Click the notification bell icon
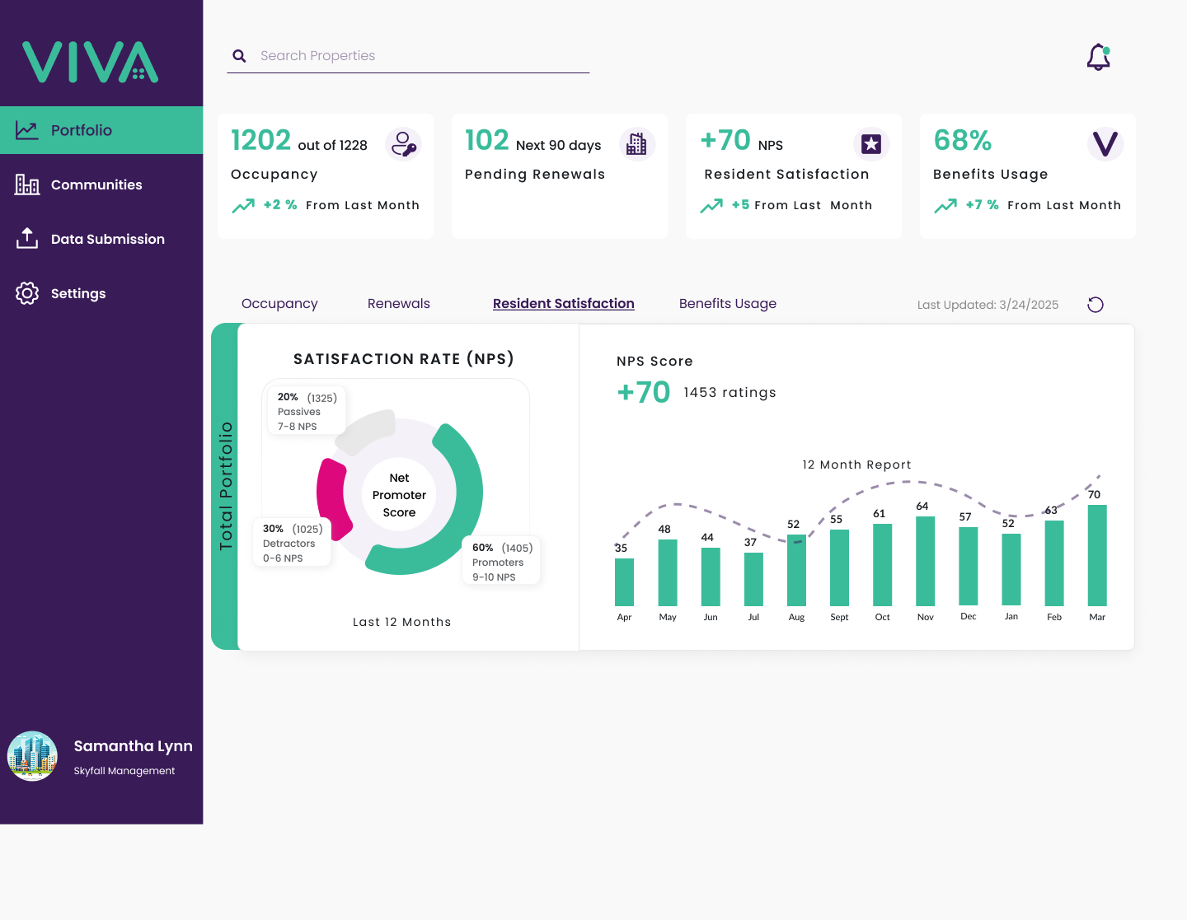pyautogui.click(x=1098, y=58)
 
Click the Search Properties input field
pyautogui.click(x=407, y=56)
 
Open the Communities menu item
pyautogui.click(x=96, y=184)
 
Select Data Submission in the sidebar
pyautogui.click(x=108, y=239)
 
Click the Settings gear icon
pyautogui.click(x=26, y=293)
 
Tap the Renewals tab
pyautogui.click(x=399, y=303)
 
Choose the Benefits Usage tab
pyautogui.click(x=728, y=303)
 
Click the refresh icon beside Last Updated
pyautogui.click(x=1096, y=305)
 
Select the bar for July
pyautogui.click(x=753, y=579)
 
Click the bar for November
pyautogui.click(x=926, y=561)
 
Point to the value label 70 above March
pyautogui.click(x=1094, y=495)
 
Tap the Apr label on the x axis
pyautogui.click(x=624, y=617)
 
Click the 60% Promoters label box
pyautogui.click(x=501, y=561)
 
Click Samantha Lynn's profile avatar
pyautogui.click(x=32, y=756)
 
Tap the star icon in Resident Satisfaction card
pyautogui.click(x=871, y=144)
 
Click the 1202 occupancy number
pyautogui.click(x=260, y=140)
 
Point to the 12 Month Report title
pyautogui.click(x=856, y=465)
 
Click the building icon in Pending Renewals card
pyautogui.click(x=637, y=144)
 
